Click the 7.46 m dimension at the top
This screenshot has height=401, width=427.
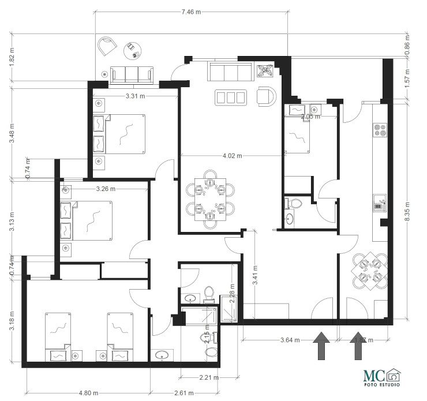pos(191,12)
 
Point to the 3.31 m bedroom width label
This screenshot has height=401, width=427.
pos(135,96)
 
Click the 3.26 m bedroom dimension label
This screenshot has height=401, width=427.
pos(106,189)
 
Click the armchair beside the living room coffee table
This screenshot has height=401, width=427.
pos(265,96)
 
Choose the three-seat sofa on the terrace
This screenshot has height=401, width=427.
pos(132,73)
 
